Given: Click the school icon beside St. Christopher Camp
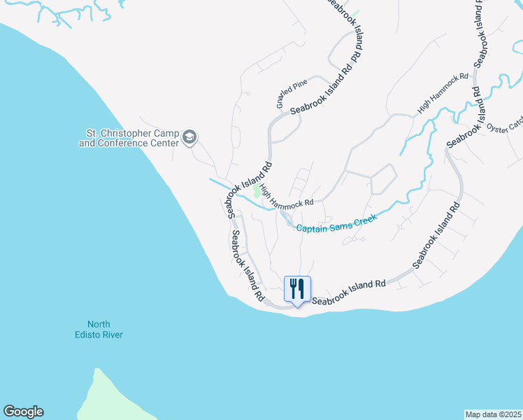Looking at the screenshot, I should click(189, 138).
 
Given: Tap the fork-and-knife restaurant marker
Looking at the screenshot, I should click(297, 287).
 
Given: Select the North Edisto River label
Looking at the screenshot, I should click(105, 329).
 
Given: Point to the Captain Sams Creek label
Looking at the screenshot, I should click(336, 223).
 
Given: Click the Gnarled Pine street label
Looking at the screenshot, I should click(292, 94).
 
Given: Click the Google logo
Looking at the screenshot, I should click(23, 412).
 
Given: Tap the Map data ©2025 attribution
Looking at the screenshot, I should click(494, 414).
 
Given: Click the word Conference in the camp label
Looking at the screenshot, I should click(136, 143).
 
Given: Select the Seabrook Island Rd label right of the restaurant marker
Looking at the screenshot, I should click(349, 293).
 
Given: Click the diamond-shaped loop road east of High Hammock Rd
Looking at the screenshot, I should click(383, 179).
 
